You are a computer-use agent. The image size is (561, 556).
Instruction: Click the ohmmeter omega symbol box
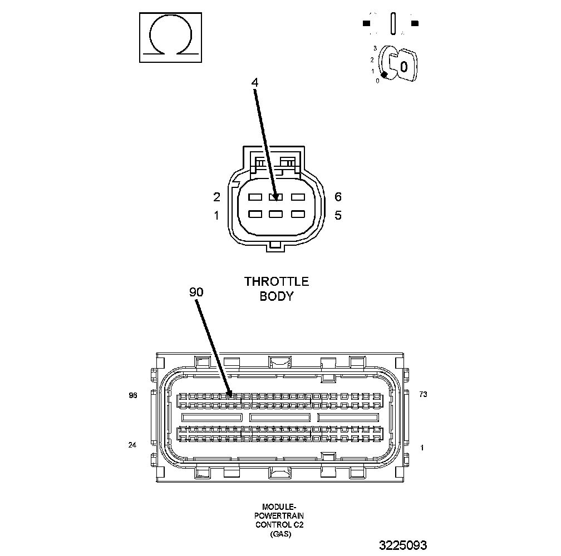170,37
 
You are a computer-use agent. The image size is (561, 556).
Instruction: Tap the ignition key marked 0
402,67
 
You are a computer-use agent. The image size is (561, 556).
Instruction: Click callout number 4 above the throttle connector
255,82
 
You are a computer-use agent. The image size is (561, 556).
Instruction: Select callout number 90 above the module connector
196,291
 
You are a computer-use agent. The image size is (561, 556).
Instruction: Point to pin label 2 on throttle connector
216,197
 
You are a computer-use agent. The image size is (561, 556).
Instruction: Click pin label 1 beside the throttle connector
216,216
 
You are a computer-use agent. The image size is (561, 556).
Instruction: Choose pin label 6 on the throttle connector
338,197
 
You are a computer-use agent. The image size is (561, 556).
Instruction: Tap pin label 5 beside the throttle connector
338,216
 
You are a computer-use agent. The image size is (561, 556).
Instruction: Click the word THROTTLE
276,282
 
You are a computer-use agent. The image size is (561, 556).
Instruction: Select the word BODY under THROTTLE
276,296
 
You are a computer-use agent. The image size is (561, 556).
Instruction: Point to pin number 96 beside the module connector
133,395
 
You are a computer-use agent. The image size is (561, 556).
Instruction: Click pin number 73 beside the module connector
423,394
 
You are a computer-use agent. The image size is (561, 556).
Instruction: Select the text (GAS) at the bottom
279,534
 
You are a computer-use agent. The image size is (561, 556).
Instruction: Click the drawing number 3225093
403,545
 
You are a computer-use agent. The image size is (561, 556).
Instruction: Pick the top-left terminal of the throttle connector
255,197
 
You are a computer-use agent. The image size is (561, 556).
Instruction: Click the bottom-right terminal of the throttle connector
298,214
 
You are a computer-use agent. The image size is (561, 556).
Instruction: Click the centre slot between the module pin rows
280,417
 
